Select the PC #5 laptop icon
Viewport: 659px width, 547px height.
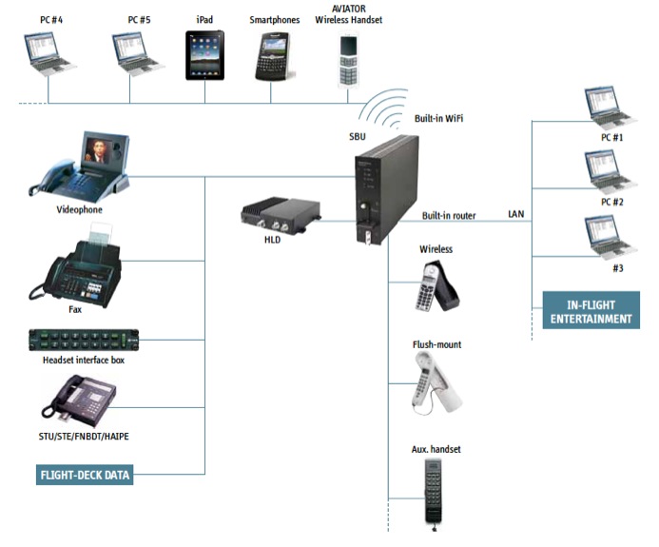tap(138, 54)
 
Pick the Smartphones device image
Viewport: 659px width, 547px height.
tap(272, 56)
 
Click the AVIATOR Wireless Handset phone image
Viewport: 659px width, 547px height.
tap(348, 60)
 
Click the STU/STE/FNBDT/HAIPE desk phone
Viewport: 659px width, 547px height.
tap(81, 399)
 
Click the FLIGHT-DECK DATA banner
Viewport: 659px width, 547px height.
tap(85, 474)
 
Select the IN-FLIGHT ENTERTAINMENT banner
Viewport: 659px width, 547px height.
tap(591, 311)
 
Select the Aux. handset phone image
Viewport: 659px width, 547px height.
tap(436, 490)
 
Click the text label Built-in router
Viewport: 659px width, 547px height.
tap(449, 216)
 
